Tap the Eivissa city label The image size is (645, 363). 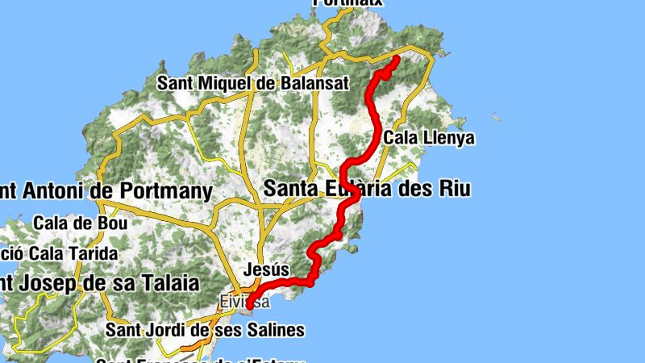click(241, 302)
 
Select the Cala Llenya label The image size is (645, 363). click(429, 139)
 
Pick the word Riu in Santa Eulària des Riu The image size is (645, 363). click(453, 189)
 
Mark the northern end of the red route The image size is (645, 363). click(396, 60)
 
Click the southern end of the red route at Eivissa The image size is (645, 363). click(250, 305)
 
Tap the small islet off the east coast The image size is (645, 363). click(497, 119)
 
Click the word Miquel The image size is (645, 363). click(222, 83)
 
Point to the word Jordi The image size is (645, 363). click(169, 330)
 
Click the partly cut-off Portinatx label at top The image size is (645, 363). click(347, 2)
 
